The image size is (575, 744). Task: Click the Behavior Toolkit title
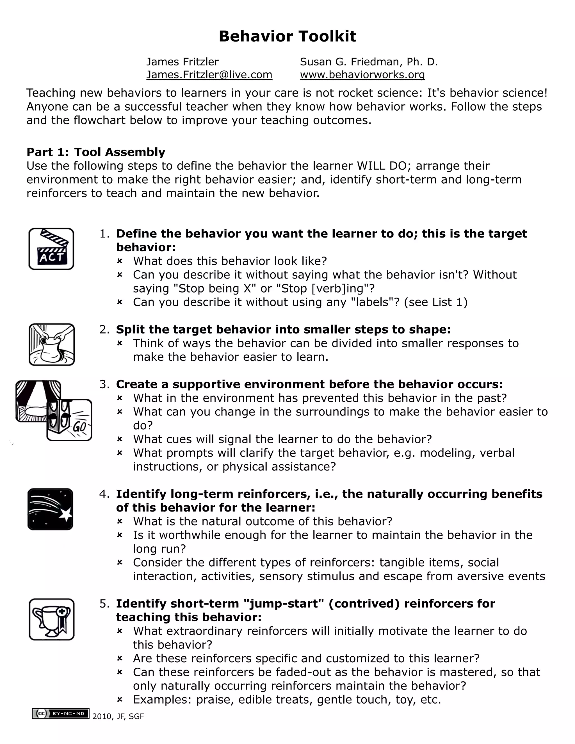pyautogui.click(x=287, y=36)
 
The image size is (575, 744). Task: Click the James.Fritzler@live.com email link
pyautogui.click(x=209, y=75)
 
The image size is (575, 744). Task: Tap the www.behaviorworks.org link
pyautogui.click(x=362, y=75)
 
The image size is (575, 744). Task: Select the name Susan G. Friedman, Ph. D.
pyautogui.click(x=369, y=62)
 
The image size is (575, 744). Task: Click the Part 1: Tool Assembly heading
pyautogui.click(x=96, y=152)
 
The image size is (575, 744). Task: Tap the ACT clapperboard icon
pyautogui.click(x=51, y=249)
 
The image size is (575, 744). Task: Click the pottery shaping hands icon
pyautogui.click(x=52, y=344)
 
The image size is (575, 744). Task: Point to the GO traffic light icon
pyautogui.click(x=70, y=420)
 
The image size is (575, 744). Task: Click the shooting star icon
pyautogui.click(x=51, y=509)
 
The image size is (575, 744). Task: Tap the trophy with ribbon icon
pyautogui.click(x=52, y=619)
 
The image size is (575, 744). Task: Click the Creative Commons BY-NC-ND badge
pyautogui.click(x=61, y=714)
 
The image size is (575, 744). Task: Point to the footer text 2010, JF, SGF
pyautogui.click(x=118, y=716)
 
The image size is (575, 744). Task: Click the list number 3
pyautogui.click(x=104, y=384)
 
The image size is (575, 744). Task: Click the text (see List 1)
pyautogui.click(x=436, y=302)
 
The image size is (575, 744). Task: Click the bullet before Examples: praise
pyautogui.click(x=120, y=700)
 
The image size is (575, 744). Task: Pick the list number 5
pyautogui.click(x=104, y=604)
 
